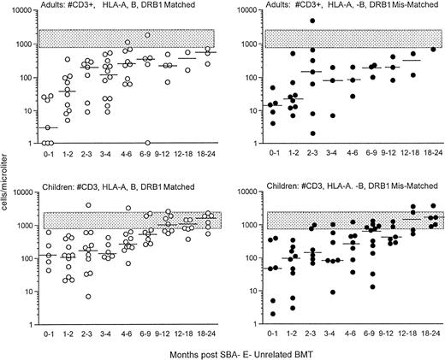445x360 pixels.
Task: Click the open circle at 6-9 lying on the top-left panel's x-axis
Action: point(147,143)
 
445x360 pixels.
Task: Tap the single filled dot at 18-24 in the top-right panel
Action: point(430,50)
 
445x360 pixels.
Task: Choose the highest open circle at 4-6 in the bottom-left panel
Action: point(128,208)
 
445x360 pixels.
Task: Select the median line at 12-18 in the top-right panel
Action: point(411,60)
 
